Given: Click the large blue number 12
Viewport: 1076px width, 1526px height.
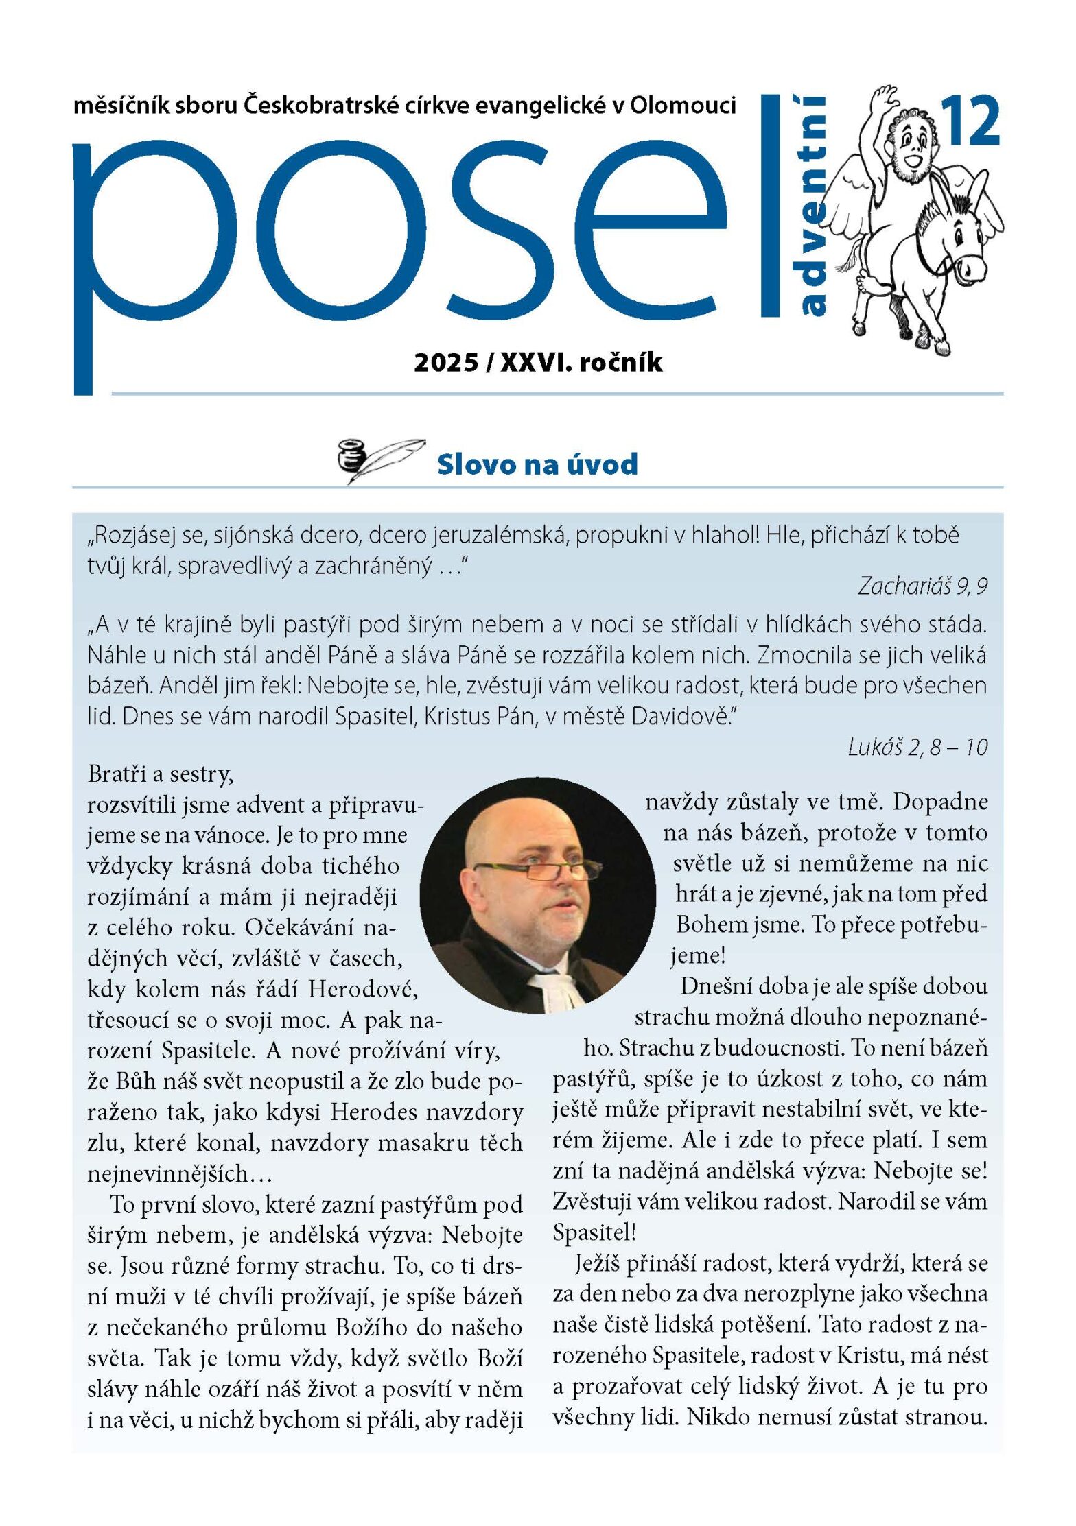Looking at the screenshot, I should [970, 121].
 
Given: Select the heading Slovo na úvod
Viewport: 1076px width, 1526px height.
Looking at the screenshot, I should [537, 464].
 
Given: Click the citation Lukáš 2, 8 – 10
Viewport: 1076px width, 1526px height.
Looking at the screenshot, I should [917, 747].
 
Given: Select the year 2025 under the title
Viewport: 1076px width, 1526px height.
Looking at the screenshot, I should [446, 363].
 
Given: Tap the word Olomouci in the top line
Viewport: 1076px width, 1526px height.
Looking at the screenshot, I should [683, 106].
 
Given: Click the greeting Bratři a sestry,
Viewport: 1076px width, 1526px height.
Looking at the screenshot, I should [161, 774].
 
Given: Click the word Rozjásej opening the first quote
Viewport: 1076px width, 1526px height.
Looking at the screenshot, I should [133, 536].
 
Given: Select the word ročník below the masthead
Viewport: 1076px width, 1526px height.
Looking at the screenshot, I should [621, 363].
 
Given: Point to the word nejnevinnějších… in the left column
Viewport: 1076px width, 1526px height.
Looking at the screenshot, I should [180, 1173].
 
